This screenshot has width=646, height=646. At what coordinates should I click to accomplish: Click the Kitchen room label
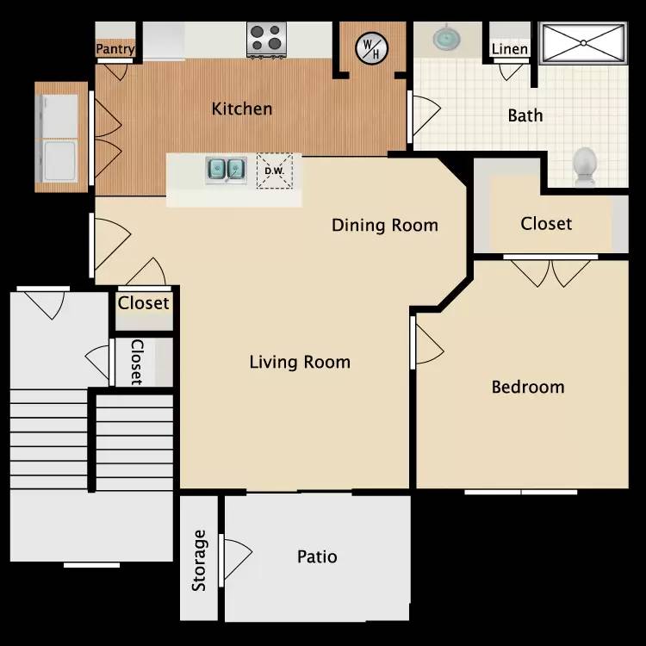coord(242,109)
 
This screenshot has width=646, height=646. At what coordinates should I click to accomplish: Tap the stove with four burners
coord(267,39)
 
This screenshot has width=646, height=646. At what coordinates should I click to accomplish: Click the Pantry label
coord(115,49)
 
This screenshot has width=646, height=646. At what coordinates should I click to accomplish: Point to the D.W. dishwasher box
coord(274,171)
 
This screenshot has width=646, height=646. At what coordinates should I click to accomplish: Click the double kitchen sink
coord(226,169)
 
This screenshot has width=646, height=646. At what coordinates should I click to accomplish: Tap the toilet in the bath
coord(586,165)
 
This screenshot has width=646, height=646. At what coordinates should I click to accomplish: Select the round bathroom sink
coord(446,38)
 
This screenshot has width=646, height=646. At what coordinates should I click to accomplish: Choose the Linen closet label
coord(509,49)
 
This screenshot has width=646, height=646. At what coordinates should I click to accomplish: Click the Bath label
coord(525,115)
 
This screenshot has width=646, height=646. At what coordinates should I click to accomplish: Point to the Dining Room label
coord(385,226)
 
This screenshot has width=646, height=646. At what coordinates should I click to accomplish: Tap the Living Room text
coord(300,362)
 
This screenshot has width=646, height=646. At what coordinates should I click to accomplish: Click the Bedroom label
coord(527,387)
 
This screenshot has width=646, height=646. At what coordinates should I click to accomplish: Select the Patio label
coord(317,556)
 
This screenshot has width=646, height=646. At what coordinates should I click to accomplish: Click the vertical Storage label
coord(199,560)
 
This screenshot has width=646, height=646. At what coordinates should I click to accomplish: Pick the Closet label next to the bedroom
coord(546,224)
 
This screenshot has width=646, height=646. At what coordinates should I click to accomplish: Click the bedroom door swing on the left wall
coord(427,342)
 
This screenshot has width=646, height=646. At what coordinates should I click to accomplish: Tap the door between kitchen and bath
coord(423,112)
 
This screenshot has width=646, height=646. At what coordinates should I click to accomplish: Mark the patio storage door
coord(234,557)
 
